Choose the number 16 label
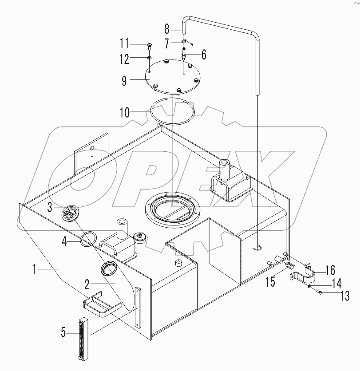(x=330, y=269)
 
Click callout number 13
(x=345, y=295)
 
